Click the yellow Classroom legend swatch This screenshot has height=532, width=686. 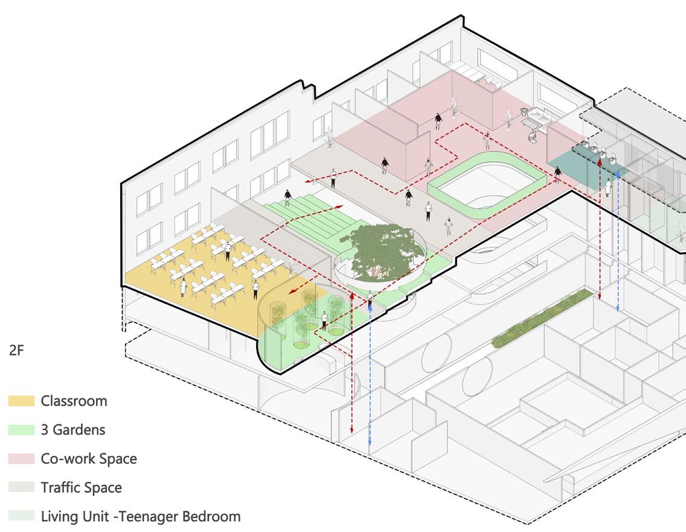pos(22,401)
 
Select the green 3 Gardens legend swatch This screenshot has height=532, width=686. pos(22,430)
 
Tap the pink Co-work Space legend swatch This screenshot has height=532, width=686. pos(22,459)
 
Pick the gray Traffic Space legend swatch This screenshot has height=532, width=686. pos(22,487)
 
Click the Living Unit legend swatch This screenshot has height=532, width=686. pos(22,516)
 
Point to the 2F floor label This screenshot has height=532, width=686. pos(16,350)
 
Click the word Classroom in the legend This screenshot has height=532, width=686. pos(74,401)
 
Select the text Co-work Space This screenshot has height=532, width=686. pos(89,459)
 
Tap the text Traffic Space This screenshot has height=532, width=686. pos(81,487)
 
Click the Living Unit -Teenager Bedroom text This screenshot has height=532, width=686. pos(141,516)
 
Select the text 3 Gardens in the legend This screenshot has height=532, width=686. pos(73,430)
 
